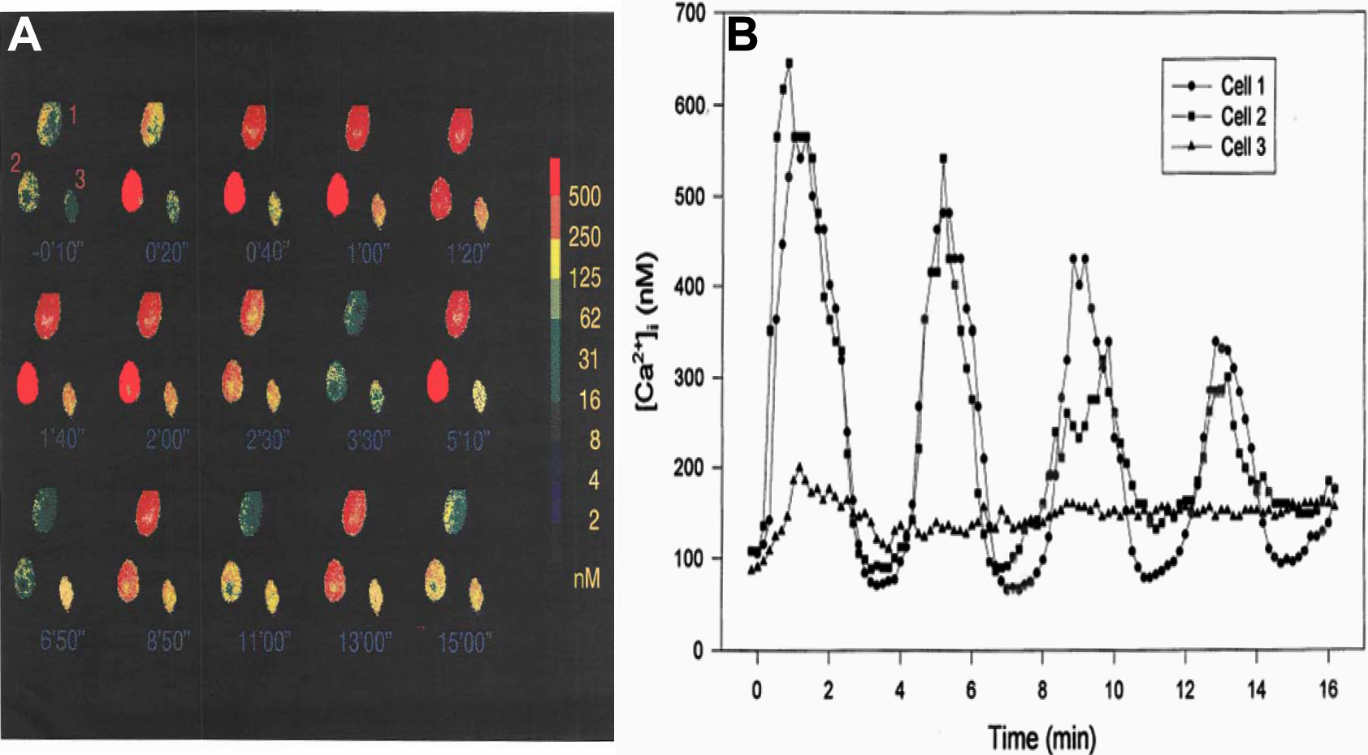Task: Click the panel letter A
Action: (24, 36)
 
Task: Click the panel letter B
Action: (742, 36)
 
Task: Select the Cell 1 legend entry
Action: (1242, 85)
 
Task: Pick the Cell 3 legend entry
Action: (1242, 147)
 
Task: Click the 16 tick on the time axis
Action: (1327, 690)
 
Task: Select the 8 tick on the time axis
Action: (1042, 690)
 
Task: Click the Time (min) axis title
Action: (1042, 737)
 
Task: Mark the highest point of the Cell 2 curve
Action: (789, 63)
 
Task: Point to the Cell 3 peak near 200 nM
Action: (800, 468)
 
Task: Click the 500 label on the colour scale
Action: (584, 196)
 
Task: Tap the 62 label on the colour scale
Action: (589, 317)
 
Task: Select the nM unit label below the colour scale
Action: (587, 578)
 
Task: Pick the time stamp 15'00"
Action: (464, 643)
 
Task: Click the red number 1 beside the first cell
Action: (72, 116)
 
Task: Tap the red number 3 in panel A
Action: (80, 179)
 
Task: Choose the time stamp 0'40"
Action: (266, 253)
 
